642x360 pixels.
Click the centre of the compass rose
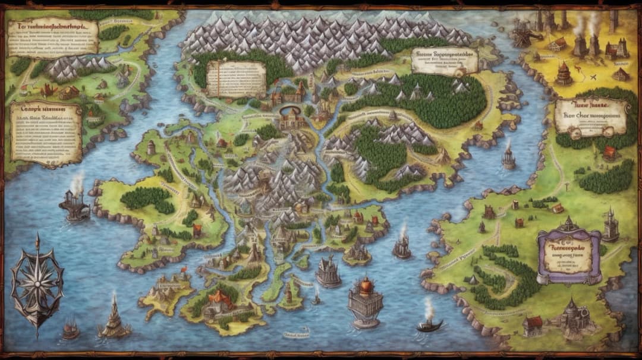click(37, 283)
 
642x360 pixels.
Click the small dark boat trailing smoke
click(429, 324)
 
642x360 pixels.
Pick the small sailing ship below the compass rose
click(71, 329)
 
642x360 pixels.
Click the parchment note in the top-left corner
click(52, 36)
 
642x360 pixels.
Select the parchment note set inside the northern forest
click(236, 78)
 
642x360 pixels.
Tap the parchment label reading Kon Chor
click(591, 116)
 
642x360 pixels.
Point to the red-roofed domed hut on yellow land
click(564, 73)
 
